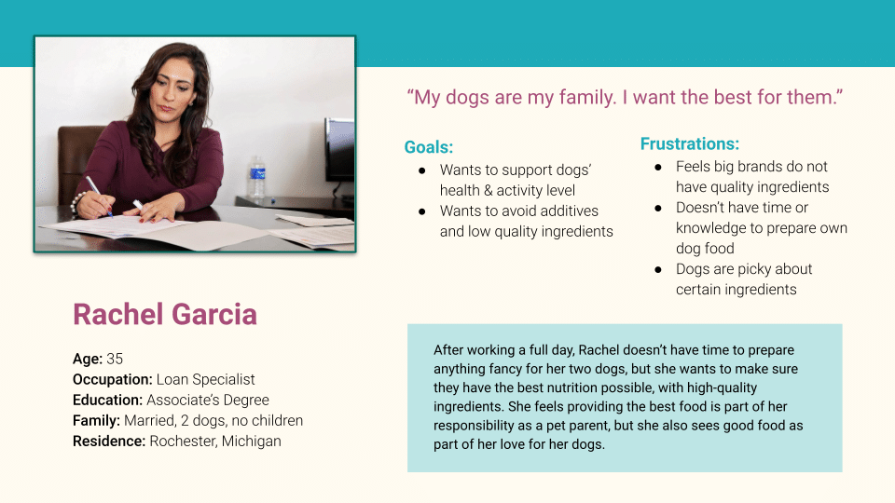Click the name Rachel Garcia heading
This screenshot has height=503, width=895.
click(x=165, y=314)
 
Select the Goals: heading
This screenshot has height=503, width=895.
click(x=429, y=147)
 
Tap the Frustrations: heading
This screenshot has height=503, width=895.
click(x=690, y=143)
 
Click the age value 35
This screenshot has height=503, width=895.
click(x=115, y=359)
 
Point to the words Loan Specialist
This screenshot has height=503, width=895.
click(x=205, y=379)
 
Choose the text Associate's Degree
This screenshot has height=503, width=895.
click(x=208, y=400)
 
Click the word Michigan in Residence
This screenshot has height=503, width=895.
click(x=251, y=441)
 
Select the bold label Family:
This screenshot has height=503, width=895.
click(x=96, y=420)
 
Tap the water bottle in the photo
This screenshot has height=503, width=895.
click(x=257, y=178)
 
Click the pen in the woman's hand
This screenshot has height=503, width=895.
click(x=98, y=195)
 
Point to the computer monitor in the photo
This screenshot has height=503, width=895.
click(x=339, y=150)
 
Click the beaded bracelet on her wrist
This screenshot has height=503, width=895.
click(x=75, y=205)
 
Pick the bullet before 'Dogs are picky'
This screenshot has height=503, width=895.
click(x=658, y=269)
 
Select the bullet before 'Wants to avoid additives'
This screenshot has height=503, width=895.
click(x=421, y=211)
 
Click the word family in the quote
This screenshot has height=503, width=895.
click(x=587, y=97)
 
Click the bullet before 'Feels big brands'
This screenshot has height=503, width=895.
click(x=658, y=167)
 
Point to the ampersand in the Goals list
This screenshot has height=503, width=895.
click(x=488, y=190)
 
